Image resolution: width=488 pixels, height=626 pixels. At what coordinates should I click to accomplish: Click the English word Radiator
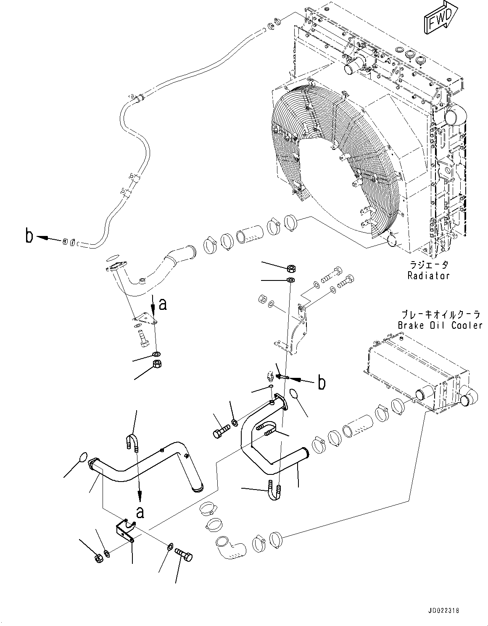pos(428,276)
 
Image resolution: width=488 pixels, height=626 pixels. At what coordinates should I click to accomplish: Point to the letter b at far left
pos(29,236)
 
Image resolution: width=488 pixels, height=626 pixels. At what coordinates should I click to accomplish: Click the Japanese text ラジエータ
pos(428,265)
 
